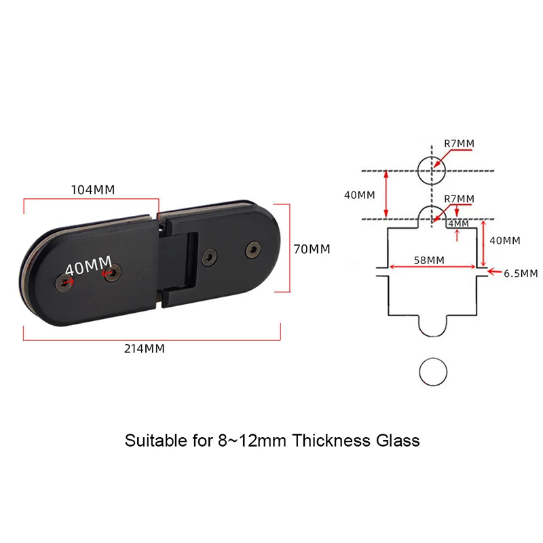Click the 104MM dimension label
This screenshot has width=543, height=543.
tap(93, 189)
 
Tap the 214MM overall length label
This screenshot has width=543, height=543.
tap(145, 349)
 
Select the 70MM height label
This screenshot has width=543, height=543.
tap(311, 249)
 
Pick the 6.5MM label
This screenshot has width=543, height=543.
tap(521, 274)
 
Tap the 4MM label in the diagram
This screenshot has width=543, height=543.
tap(459, 223)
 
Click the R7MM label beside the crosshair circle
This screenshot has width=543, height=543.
tap(459, 143)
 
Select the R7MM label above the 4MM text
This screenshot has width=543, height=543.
tap(459, 198)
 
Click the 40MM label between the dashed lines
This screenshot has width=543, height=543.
tap(359, 195)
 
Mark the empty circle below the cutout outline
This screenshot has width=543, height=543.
tap(432, 373)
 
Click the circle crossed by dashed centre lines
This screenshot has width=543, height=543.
tap(432, 170)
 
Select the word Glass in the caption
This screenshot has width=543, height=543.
tap(396, 441)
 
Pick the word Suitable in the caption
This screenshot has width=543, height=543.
tap(150, 441)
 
